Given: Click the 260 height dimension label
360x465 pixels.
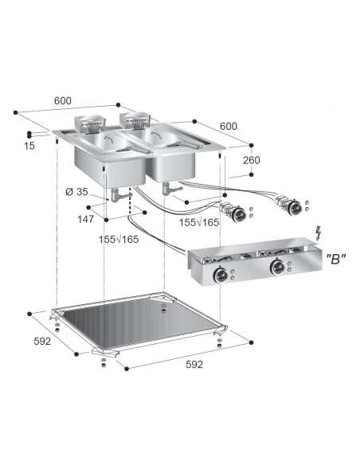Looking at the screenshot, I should click(252, 160).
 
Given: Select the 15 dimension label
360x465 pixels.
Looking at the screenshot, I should click(29, 146).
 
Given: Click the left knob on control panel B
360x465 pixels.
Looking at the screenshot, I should click(218, 275).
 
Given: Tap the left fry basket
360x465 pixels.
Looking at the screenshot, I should click(90, 123).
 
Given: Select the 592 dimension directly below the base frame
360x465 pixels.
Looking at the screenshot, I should click(195, 364).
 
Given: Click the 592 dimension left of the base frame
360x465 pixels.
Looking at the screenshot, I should click(41, 341).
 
